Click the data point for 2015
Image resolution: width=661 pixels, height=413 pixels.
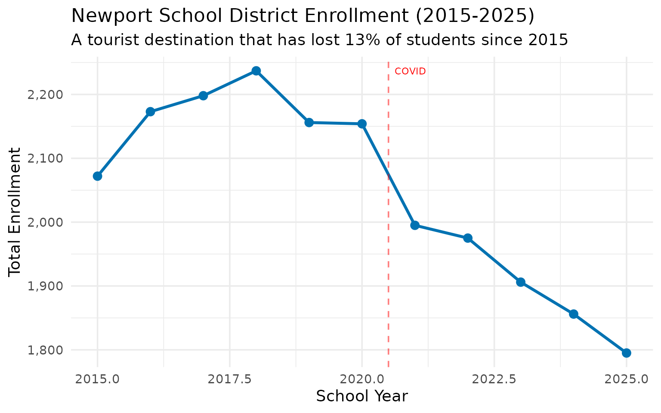[x=98, y=176]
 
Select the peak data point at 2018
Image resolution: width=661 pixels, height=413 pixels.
[x=256, y=71]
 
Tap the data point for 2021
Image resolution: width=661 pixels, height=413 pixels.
[x=415, y=225]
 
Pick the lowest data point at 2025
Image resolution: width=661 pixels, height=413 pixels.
[x=626, y=353]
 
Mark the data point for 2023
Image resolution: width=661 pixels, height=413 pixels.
[x=521, y=282]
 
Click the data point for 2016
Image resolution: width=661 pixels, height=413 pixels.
[x=150, y=112]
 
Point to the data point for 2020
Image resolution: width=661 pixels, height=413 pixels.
[x=362, y=124]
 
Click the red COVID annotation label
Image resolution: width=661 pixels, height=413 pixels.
[x=410, y=71]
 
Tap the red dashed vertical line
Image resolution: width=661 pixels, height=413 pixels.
[x=389, y=258]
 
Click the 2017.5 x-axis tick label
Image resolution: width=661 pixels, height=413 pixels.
[x=230, y=379]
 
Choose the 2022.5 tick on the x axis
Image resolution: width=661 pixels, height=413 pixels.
[x=494, y=379]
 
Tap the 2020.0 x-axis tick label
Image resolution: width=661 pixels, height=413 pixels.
[x=362, y=379]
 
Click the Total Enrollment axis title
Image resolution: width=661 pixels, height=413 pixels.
[x=15, y=212]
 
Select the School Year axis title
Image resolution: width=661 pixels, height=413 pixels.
[x=361, y=396]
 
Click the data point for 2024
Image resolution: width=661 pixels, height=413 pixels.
[x=573, y=314]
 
